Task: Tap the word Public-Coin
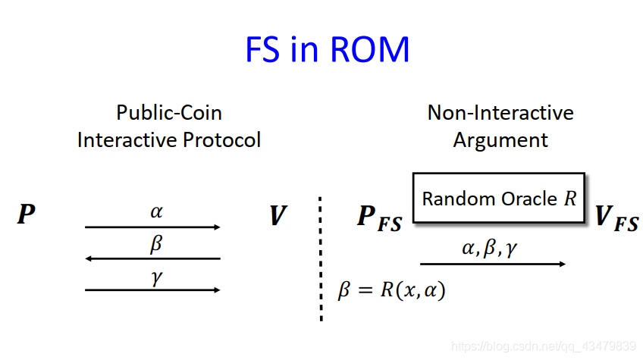169,113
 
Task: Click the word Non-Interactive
500,113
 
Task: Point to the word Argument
500,140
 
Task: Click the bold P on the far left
27,215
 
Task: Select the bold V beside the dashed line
278,216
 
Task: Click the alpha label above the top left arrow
156,211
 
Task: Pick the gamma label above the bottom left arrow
156,277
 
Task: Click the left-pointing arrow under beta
152,258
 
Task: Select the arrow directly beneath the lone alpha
152,227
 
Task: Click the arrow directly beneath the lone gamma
152,290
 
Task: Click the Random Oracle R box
498,199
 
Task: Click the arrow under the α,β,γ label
493,264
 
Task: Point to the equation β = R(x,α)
391,290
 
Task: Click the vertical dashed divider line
321,258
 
